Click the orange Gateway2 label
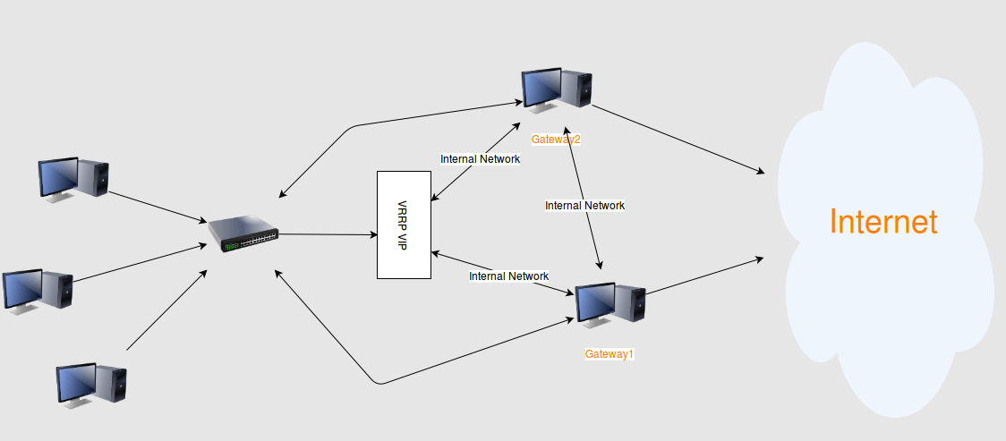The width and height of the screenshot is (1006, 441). [x=557, y=140]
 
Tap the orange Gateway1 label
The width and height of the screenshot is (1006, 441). [x=610, y=354]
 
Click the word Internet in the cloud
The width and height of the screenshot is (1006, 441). [x=883, y=222]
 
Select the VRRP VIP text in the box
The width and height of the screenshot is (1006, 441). [x=403, y=224]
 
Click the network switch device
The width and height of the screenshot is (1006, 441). [x=243, y=233]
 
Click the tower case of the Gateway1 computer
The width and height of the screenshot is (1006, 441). [x=631, y=302]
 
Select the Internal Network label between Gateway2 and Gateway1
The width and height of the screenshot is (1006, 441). [x=584, y=206]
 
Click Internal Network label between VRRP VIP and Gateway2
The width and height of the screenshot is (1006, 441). [x=480, y=159]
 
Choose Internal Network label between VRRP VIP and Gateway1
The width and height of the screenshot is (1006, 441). [x=508, y=276]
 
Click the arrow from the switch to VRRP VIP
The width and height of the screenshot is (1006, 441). [x=327, y=234]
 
